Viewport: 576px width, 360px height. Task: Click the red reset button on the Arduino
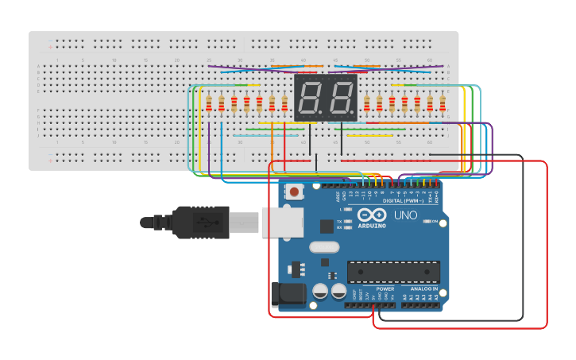pyautogui.click(x=295, y=191)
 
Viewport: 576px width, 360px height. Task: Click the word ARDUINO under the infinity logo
pyautogui.click(x=372, y=226)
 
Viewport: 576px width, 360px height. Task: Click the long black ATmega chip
pyautogui.click(x=392, y=272)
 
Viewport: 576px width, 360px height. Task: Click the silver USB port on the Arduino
pyautogui.click(x=282, y=222)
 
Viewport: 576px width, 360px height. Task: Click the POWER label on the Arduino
pyautogui.click(x=385, y=288)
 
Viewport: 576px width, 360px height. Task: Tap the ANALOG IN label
pyautogui.click(x=423, y=288)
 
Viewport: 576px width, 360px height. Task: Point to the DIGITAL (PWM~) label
pyautogui.click(x=403, y=201)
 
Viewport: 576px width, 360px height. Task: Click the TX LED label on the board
pyautogui.click(x=339, y=221)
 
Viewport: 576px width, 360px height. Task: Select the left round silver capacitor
pyautogui.click(x=321, y=292)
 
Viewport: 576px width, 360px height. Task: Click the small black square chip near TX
pyautogui.click(x=327, y=226)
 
